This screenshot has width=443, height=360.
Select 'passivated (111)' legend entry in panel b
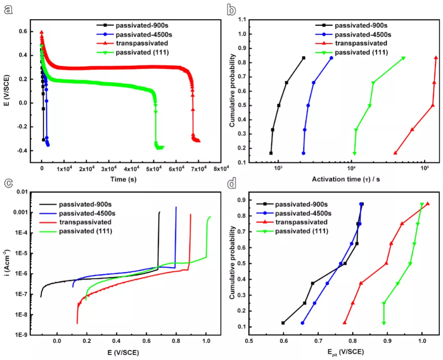[361, 52]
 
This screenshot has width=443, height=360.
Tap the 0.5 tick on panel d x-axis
[249, 341]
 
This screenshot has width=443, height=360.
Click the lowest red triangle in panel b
[395, 153]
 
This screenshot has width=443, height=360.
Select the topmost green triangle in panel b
[403, 58]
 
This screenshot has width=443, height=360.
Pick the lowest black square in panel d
[283, 323]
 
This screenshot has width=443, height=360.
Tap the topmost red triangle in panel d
[427, 204]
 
